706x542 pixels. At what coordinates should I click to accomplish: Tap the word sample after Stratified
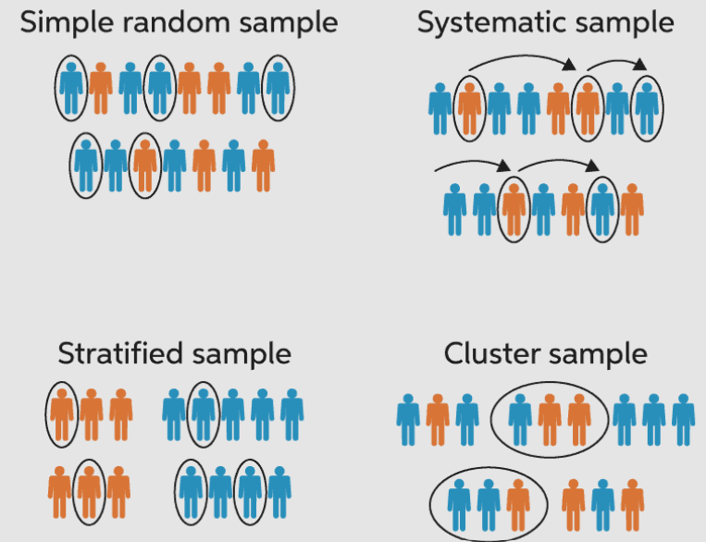(x=242, y=353)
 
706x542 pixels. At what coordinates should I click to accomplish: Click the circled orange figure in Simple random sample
(x=143, y=165)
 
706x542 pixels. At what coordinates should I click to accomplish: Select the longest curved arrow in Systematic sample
(x=519, y=63)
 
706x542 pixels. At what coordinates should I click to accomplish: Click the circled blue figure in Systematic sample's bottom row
(x=602, y=209)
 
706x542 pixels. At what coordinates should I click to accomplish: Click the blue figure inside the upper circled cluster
(x=520, y=419)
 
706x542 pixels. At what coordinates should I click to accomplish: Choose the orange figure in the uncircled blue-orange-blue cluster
(x=437, y=419)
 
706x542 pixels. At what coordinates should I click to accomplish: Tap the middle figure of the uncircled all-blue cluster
(x=653, y=419)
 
